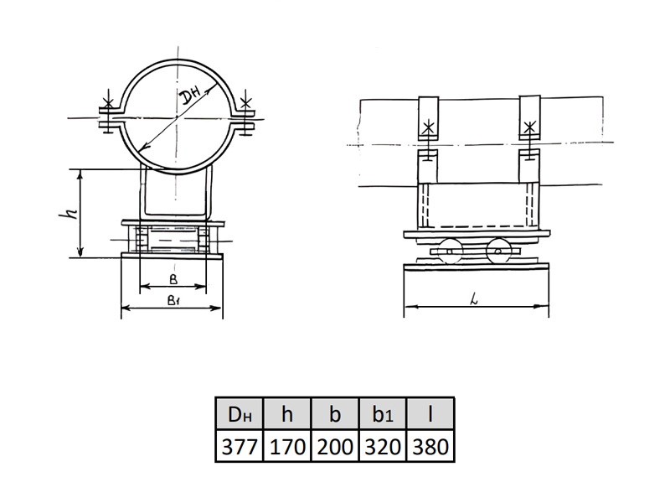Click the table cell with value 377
point(240,446)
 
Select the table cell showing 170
point(287,446)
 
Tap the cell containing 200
point(336,446)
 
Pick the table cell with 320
point(383,446)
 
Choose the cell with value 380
point(430,446)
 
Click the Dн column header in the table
point(240,413)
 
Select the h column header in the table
point(287,413)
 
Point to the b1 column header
point(383,413)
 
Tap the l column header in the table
point(430,413)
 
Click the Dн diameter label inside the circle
point(190,98)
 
